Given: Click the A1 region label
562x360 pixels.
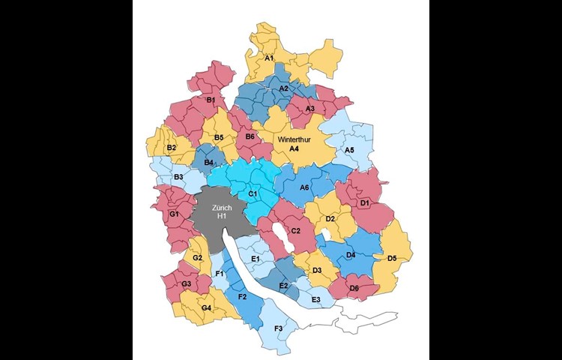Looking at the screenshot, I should tap(269, 57).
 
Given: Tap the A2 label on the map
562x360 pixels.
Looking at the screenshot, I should tap(284, 88).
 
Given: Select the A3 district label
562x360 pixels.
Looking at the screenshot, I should tap(309, 109).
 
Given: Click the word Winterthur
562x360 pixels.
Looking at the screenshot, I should tap(294, 139).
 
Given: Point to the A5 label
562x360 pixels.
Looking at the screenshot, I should tap(349, 150).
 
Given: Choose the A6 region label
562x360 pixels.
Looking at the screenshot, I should tap(304, 187).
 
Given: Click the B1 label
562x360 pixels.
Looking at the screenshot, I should tap(211, 100).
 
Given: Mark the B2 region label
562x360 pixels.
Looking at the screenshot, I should tap(171, 148).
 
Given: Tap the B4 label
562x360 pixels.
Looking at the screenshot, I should tap(209, 162).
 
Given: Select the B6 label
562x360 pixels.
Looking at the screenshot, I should tap(250, 136).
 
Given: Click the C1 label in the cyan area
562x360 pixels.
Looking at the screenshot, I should tap(253, 194).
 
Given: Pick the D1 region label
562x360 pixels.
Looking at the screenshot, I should tap(365, 202).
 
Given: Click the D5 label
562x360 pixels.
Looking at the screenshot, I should tap(391, 259).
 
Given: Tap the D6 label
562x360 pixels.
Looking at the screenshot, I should tap(354, 289).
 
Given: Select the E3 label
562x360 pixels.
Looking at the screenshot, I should tap(315, 299).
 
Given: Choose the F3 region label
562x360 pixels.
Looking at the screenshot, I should tap(279, 328).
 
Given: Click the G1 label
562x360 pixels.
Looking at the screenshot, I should tap(174, 214).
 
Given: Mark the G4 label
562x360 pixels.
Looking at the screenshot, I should tap(206, 308).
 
